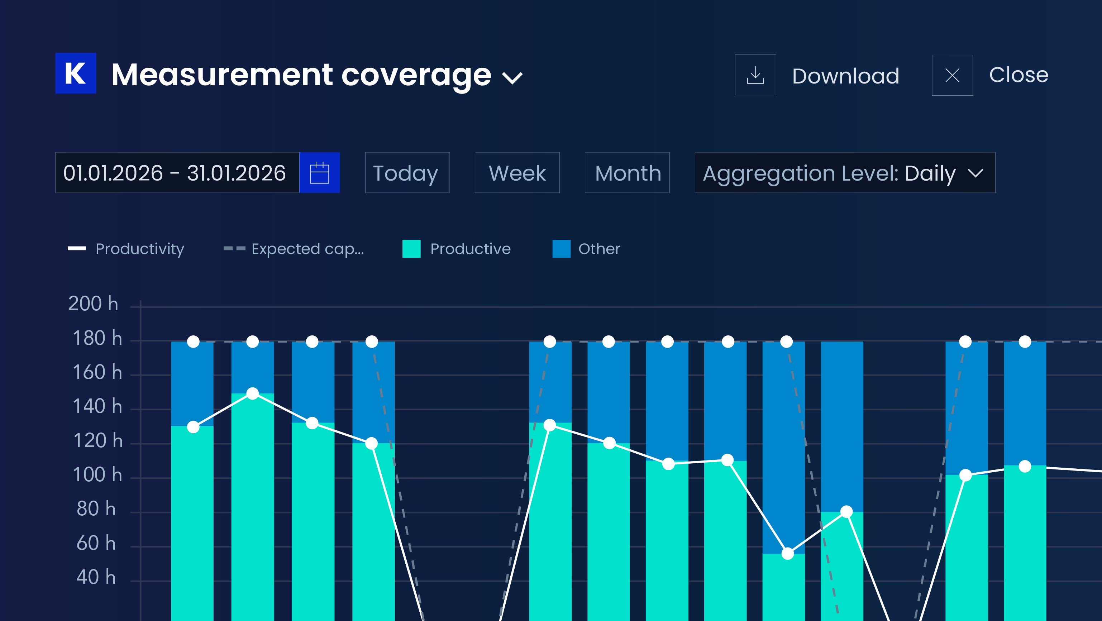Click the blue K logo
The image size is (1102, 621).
(76, 73)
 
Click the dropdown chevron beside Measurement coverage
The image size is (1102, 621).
(512, 78)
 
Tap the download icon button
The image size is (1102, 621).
(755, 75)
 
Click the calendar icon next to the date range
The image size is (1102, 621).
(320, 172)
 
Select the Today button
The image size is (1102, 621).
(407, 172)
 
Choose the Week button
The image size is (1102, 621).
(517, 172)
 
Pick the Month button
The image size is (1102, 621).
(627, 172)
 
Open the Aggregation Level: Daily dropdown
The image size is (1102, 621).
(845, 172)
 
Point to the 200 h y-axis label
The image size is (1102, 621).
(93, 304)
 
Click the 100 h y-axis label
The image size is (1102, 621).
(98, 475)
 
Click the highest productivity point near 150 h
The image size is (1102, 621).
(253, 393)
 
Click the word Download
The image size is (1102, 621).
(846, 76)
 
